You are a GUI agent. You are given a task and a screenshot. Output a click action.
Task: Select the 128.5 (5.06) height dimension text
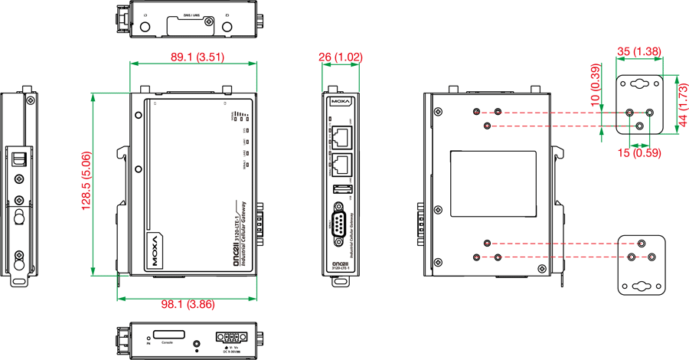pyautogui.click(x=87, y=181)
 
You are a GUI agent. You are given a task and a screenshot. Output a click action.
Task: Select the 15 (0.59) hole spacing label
pyautogui.click(x=640, y=153)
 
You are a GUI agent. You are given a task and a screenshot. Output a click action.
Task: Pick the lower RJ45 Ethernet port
pyautogui.click(x=342, y=162)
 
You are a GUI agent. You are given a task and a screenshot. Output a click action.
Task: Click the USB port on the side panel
pyautogui.click(x=342, y=189)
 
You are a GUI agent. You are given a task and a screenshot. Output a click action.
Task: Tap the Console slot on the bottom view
pyautogui.click(x=168, y=335)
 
